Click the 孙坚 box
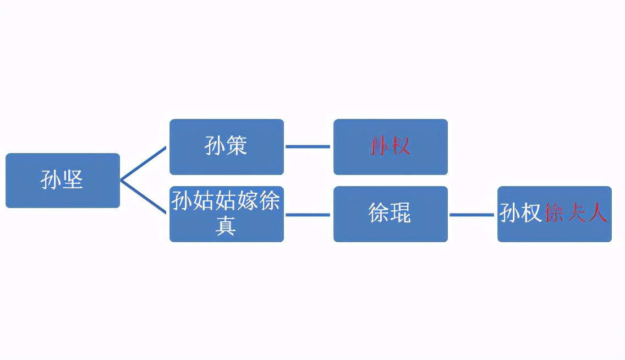click(62, 181)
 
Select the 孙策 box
click(226, 147)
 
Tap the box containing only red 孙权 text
click(390, 147)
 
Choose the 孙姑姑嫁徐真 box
click(226, 214)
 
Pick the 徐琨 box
click(390, 214)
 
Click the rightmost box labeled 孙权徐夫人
click(554, 214)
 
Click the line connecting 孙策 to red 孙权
click(308, 147)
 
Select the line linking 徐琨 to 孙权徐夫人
click(472, 215)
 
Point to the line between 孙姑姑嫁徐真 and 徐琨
click(308, 215)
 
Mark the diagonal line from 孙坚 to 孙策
click(143, 164)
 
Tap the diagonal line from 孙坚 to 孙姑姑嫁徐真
click(143, 197)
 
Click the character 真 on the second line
click(226, 226)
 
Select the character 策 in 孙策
click(237, 146)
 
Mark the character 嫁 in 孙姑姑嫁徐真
click(248, 202)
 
